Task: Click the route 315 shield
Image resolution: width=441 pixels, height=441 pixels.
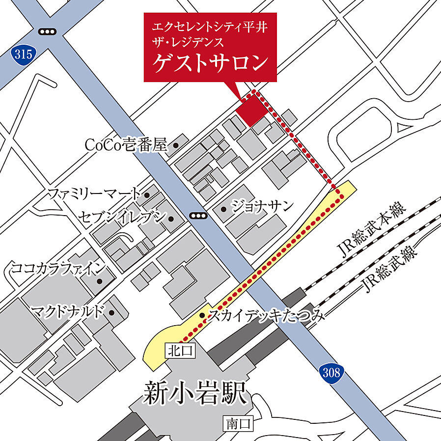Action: (x=22, y=54)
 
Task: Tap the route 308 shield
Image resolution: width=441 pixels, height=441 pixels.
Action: (x=332, y=373)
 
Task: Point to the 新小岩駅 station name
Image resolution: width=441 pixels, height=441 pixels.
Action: (x=195, y=394)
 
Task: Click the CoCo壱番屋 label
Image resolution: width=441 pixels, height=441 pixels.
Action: (x=126, y=145)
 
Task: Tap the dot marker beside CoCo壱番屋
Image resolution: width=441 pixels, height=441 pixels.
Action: (x=176, y=145)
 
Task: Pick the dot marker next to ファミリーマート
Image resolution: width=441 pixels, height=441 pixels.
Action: (x=147, y=195)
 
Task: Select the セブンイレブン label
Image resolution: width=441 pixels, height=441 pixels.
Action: (x=121, y=218)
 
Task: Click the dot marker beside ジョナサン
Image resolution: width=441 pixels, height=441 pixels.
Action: (x=224, y=209)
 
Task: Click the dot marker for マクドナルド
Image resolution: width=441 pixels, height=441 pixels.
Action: (x=112, y=312)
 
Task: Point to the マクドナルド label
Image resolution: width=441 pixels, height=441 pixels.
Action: (x=68, y=310)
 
